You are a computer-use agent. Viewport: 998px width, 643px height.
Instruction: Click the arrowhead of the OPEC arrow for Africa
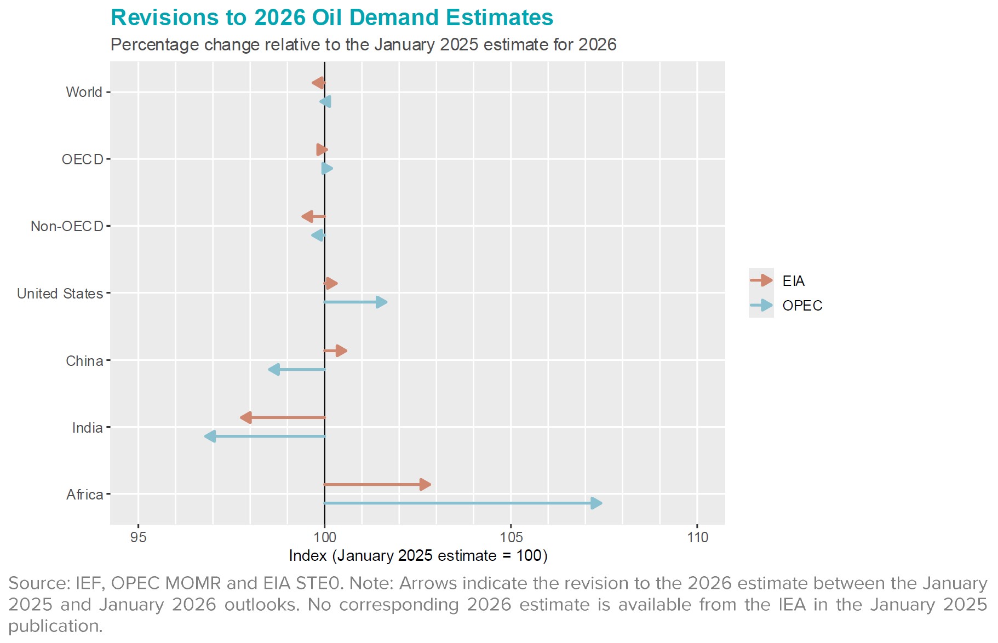596,503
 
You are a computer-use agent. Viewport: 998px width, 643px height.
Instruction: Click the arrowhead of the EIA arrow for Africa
425,485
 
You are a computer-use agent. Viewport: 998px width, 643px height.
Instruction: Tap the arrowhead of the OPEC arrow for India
210,437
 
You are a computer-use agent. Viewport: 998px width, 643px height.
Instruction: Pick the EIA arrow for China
336,351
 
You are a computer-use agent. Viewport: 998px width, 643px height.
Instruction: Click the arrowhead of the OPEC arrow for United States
381,302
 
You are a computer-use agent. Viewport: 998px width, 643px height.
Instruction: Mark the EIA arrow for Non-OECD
313,217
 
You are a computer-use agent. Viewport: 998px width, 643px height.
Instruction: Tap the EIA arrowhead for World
318,83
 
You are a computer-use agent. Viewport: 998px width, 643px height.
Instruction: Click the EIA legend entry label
793,281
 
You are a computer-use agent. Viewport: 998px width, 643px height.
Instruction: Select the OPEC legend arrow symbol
761,306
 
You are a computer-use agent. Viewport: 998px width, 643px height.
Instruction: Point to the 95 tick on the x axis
139,537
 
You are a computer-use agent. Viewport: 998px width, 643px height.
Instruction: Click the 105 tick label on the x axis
511,537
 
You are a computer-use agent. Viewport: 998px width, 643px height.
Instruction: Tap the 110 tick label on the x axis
697,537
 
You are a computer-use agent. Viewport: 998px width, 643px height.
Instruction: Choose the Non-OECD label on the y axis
67,226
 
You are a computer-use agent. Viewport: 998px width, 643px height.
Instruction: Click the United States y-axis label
60,294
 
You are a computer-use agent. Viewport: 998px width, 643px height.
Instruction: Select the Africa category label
85,495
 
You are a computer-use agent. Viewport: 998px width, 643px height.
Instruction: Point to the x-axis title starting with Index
418,555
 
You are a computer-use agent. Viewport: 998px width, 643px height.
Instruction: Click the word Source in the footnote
37,583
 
